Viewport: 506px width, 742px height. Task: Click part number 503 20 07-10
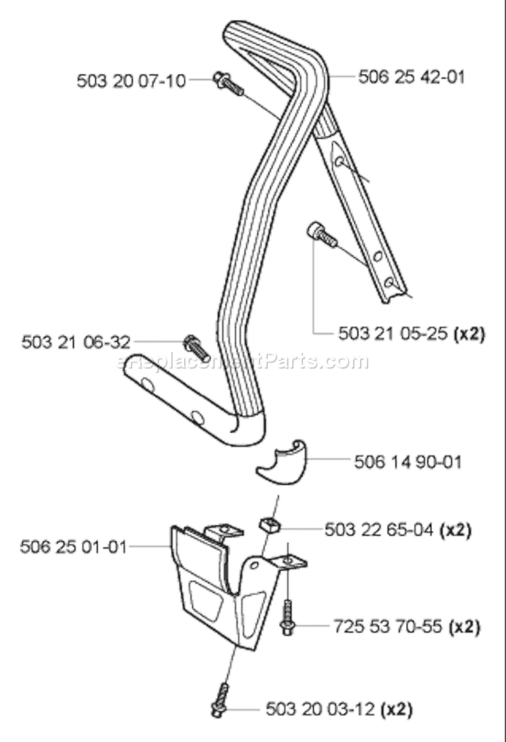point(132,81)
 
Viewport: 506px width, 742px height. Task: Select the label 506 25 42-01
point(412,77)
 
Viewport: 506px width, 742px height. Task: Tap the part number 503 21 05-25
point(393,334)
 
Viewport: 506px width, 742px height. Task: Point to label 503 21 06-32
point(76,342)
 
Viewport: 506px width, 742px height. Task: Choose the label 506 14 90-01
point(408,462)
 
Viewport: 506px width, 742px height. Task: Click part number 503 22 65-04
point(379,530)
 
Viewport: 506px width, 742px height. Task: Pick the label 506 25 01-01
point(74,547)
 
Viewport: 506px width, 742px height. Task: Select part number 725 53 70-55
point(388,627)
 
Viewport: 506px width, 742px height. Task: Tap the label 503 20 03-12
point(320,710)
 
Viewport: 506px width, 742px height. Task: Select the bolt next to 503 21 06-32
point(196,346)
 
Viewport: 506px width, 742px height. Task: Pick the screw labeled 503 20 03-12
point(220,700)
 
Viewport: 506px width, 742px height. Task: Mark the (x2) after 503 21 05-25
point(469,334)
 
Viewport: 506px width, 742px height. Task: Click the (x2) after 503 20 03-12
point(397,710)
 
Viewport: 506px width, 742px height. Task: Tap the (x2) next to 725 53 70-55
point(464,627)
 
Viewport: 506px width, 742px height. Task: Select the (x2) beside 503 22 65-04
point(455,530)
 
